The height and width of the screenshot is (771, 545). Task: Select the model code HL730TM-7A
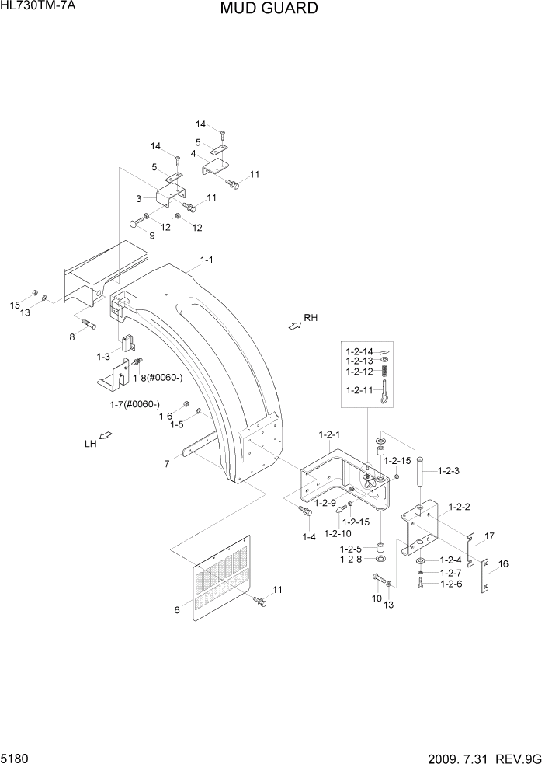(39, 7)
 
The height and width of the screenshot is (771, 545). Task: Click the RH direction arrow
(295, 326)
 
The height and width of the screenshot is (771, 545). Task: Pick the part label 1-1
(207, 261)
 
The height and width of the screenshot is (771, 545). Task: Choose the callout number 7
(166, 464)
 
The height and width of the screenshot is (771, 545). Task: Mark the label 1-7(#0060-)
(134, 404)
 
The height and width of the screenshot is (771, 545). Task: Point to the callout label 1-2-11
(360, 390)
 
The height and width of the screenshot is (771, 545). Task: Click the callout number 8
(71, 337)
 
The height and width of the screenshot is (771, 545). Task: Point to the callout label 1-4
(309, 536)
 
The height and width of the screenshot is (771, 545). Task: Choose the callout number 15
(14, 305)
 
